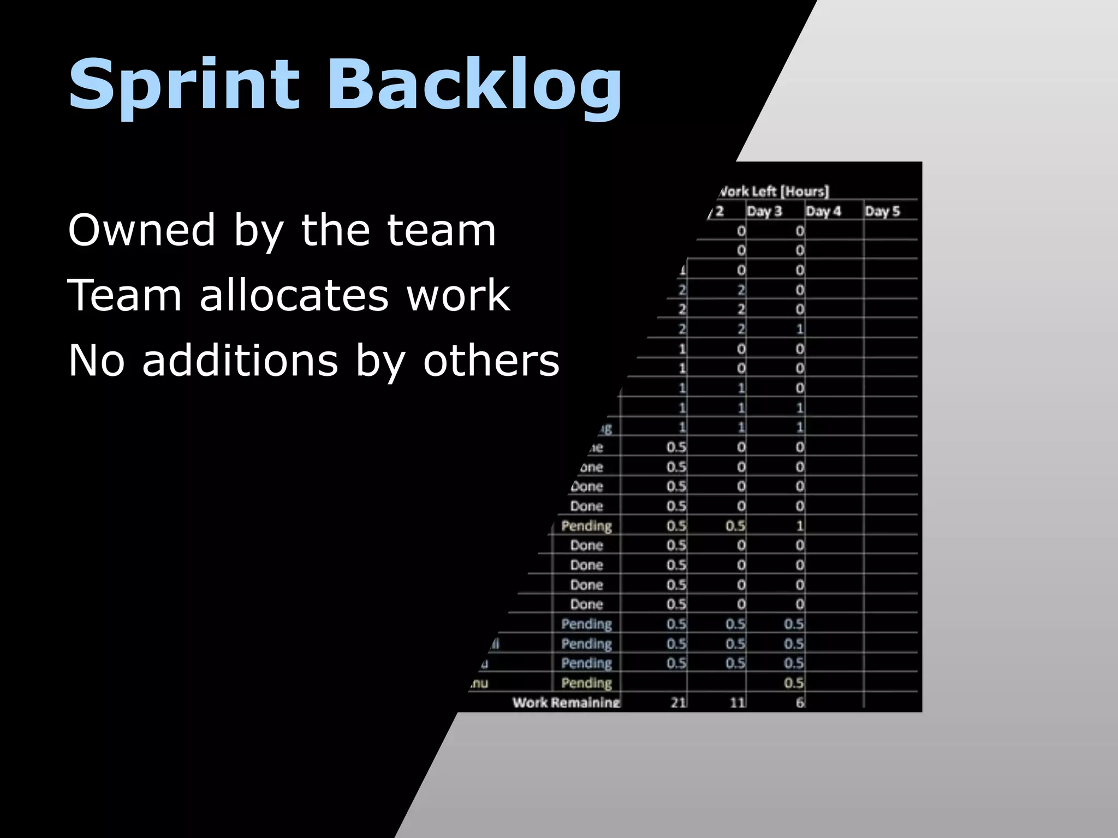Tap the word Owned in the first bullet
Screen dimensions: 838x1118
tap(142, 230)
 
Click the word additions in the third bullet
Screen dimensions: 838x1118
tap(240, 361)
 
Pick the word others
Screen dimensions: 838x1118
tap(491, 361)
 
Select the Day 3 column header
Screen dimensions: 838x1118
tap(764, 211)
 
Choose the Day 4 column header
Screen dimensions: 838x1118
tap(823, 211)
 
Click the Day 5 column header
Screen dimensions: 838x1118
tap(882, 211)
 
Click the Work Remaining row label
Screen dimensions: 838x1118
tap(566, 702)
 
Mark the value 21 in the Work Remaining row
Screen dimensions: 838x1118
tap(678, 703)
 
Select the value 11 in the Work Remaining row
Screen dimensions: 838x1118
tap(738, 703)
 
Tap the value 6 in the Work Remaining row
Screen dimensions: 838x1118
tap(800, 703)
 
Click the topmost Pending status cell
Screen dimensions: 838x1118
tap(586, 526)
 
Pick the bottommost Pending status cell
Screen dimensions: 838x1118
tap(586, 683)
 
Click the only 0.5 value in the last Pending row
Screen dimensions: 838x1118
tap(794, 683)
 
